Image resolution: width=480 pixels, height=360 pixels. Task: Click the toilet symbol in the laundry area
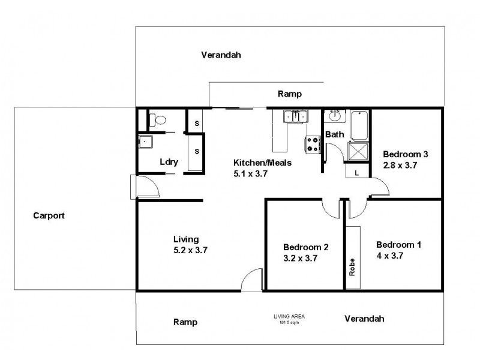click(x=157, y=121)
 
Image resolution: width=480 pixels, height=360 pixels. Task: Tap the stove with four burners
click(x=312, y=143)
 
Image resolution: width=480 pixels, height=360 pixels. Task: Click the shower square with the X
click(x=359, y=151)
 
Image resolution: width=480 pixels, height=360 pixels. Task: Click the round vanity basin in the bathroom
click(x=335, y=117)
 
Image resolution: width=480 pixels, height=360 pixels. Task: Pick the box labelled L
click(x=356, y=172)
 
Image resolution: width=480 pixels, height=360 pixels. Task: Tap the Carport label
click(x=49, y=215)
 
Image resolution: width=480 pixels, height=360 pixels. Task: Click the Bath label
click(x=335, y=134)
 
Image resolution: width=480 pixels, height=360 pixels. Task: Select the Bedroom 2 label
click(x=305, y=247)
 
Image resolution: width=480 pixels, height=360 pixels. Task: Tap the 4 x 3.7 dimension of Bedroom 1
click(x=389, y=255)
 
